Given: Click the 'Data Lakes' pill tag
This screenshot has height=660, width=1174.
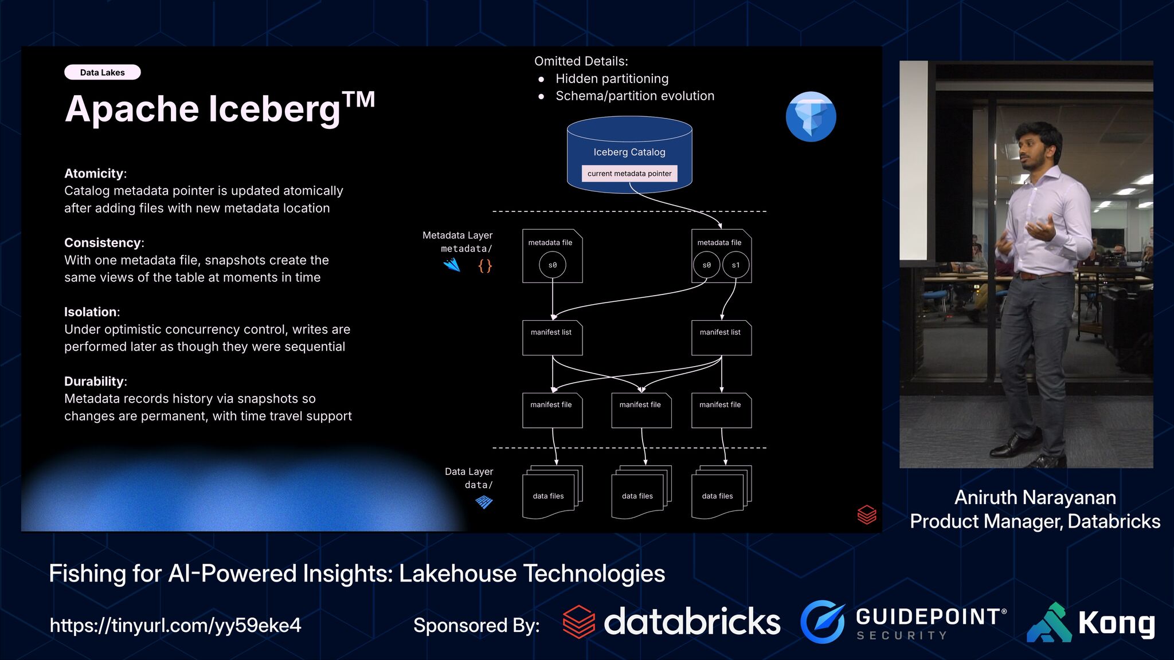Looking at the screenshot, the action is point(102,72).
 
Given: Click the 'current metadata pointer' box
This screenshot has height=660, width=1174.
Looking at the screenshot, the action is point(629,174).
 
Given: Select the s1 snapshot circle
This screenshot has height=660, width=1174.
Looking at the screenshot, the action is point(735,265).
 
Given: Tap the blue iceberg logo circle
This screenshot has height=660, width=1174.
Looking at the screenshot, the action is point(811,116).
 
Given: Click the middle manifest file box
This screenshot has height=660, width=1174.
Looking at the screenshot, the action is point(641,410).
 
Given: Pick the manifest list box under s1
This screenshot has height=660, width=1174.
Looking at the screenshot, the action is point(721,337).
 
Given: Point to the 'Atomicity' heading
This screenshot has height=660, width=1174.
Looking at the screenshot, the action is point(94,173).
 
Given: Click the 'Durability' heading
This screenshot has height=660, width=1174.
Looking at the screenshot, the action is point(94,381).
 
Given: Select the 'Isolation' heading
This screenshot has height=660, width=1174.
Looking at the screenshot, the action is point(91,312).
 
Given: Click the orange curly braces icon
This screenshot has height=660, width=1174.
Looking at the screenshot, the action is point(485,265).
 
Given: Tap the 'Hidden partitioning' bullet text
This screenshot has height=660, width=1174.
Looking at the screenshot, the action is point(612,78).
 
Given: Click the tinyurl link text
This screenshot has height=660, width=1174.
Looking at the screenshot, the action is point(175,625).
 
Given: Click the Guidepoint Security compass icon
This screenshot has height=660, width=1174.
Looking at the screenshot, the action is point(823,622).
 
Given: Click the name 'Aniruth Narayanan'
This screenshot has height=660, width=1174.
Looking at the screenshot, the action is point(1035,497).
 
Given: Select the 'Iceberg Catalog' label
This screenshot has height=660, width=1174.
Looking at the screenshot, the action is point(629,152).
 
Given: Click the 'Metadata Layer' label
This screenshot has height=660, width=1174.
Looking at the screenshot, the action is point(457,235).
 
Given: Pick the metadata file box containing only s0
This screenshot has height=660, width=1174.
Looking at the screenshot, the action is point(552,256).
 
